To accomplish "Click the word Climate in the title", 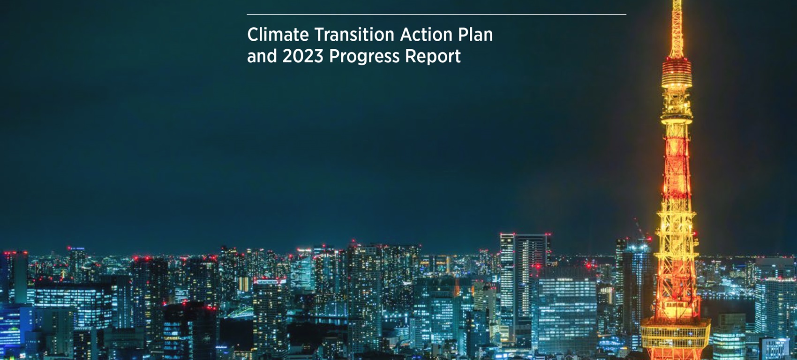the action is [x=278, y=35].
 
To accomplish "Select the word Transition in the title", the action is [x=354, y=35].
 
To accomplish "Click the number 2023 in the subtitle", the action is [x=303, y=56].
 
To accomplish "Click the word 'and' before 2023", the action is [x=262, y=56].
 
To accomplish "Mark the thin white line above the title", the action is [x=436, y=15].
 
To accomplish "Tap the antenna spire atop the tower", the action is [x=677, y=29].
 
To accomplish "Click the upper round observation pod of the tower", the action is [x=677, y=73].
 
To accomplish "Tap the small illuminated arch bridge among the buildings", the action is [x=241, y=313].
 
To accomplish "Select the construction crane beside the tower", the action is [x=640, y=229].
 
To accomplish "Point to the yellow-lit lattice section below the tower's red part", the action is [x=676, y=256].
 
